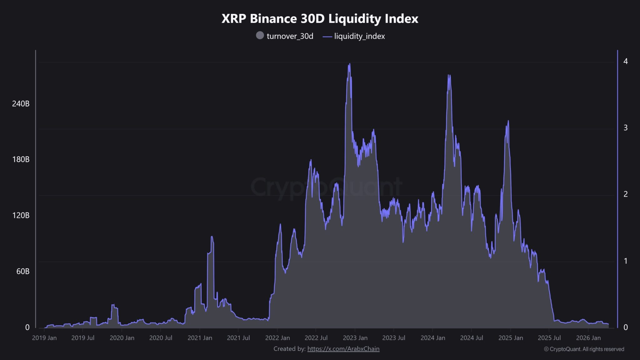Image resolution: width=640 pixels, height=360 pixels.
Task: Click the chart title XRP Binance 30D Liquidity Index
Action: pyautogui.click(x=320, y=19)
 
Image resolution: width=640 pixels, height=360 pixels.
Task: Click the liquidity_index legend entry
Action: pyautogui.click(x=354, y=36)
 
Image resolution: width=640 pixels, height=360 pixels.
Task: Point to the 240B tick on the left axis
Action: pyautogui.click(x=21, y=104)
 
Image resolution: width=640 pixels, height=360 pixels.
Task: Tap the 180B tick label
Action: pyautogui.click(x=21, y=159)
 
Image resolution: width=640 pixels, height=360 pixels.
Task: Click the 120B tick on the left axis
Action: pyautogui.click(x=21, y=215)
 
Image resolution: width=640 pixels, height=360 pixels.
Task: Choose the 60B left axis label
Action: pyautogui.click(x=23, y=271)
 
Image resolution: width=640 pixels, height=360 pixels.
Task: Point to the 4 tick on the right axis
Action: pyautogui.click(x=625, y=61)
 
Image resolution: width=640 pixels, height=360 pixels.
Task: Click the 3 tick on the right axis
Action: pyautogui.click(x=625, y=127)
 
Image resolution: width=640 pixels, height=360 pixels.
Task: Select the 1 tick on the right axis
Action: pyautogui.click(x=625, y=261)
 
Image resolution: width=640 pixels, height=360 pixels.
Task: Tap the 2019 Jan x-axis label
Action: pyautogui.click(x=44, y=338)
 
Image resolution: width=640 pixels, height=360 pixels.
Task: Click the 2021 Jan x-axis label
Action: pyautogui.click(x=200, y=338)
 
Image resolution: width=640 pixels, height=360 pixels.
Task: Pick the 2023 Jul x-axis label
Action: pyautogui.click(x=394, y=338)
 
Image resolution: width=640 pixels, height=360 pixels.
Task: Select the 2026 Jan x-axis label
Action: pyautogui.click(x=588, y=338)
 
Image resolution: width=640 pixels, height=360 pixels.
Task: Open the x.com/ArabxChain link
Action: pyautogui.click(x=343, y=349)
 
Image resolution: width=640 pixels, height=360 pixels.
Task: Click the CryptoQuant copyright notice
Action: pyautogui.click(x=584, y=349)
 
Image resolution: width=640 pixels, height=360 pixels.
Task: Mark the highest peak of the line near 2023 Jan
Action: pyautogui.click(x=349, y=64)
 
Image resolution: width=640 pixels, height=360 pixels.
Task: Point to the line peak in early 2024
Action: pyautogui.click(x=449, y=75)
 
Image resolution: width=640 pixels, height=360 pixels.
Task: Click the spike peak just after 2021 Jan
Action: pyautogui.click(x=212, y=237)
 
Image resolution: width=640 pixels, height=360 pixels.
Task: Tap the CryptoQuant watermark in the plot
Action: pyautogui.click(x=326, y=187)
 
